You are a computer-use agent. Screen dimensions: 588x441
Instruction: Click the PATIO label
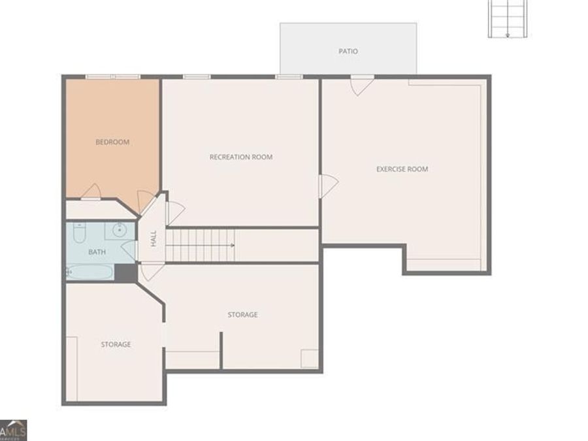[x=348, y=51]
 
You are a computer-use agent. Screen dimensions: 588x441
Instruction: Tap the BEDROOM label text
[x=112, y=142]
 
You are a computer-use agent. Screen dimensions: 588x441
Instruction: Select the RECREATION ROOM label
[x=241, y=157]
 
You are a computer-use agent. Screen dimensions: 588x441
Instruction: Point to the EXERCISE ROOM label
[x=402, y=169]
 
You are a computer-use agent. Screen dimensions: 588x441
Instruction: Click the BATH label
[x=97, y=252]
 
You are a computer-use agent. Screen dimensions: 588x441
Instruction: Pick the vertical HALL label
[x=154, y=238]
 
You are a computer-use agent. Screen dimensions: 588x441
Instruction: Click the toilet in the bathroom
[x=79, y=233]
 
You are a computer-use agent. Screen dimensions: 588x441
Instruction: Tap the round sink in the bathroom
[x=120, y=230]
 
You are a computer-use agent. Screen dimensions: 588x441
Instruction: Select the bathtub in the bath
[x=90, y=272]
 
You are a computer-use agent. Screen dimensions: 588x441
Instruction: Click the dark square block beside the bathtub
[x=125, y=272]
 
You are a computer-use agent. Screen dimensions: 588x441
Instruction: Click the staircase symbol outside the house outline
[x=508, y=19]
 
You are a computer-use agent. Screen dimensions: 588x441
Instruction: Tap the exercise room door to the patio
[x=362, y=85]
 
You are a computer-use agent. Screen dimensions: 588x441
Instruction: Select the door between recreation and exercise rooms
[x=329, y=186]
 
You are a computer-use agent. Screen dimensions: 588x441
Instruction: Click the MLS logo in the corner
[x=14, y=431]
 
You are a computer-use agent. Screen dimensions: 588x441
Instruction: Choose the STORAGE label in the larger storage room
[x=242, y=315]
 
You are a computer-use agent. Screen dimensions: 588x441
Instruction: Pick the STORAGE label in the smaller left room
[x=116, y=344]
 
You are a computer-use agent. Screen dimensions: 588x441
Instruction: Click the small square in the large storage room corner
[x=310, y=359]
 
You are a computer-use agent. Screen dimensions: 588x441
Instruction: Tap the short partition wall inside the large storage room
[x=221, y=350]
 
